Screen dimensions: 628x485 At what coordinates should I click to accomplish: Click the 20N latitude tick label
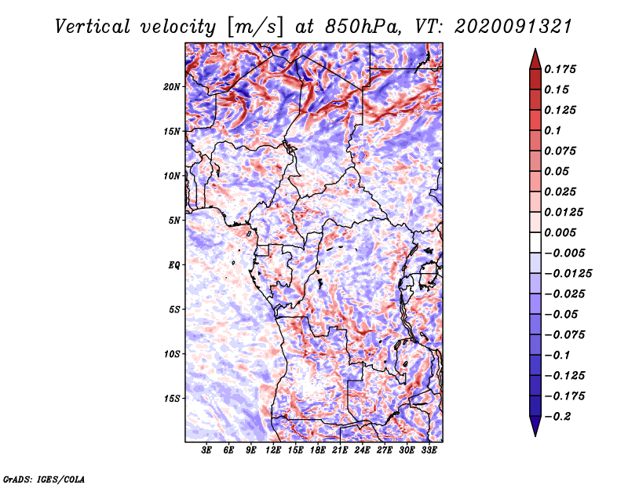172,87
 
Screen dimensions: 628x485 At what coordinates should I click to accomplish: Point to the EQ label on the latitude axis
174,265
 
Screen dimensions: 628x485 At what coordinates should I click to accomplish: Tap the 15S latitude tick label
172,399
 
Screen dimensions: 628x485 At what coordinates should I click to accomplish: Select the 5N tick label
174,221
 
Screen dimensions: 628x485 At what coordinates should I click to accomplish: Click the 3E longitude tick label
206,450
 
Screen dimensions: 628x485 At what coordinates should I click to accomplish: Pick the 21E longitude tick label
340,450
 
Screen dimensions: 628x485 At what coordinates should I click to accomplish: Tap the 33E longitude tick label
429,450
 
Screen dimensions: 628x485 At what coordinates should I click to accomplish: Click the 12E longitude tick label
273,450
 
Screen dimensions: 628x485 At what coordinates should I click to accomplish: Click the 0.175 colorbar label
560,69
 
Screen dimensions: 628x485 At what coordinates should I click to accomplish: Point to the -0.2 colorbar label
558,417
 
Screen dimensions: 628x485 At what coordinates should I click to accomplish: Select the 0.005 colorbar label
560,232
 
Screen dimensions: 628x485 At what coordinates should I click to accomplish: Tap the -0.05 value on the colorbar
561,315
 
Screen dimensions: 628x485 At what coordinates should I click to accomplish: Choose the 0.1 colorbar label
553,130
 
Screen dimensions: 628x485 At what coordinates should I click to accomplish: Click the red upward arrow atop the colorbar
535,60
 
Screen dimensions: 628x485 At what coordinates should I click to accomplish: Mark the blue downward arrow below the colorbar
535,426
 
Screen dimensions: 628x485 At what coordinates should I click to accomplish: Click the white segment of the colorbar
535,242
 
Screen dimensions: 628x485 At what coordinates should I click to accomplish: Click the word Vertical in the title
93,27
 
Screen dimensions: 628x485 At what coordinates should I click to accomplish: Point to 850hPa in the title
363,27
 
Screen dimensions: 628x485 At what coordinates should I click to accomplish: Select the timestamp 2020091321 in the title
513,27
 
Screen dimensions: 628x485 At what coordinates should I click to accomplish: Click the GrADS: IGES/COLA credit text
44,479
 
